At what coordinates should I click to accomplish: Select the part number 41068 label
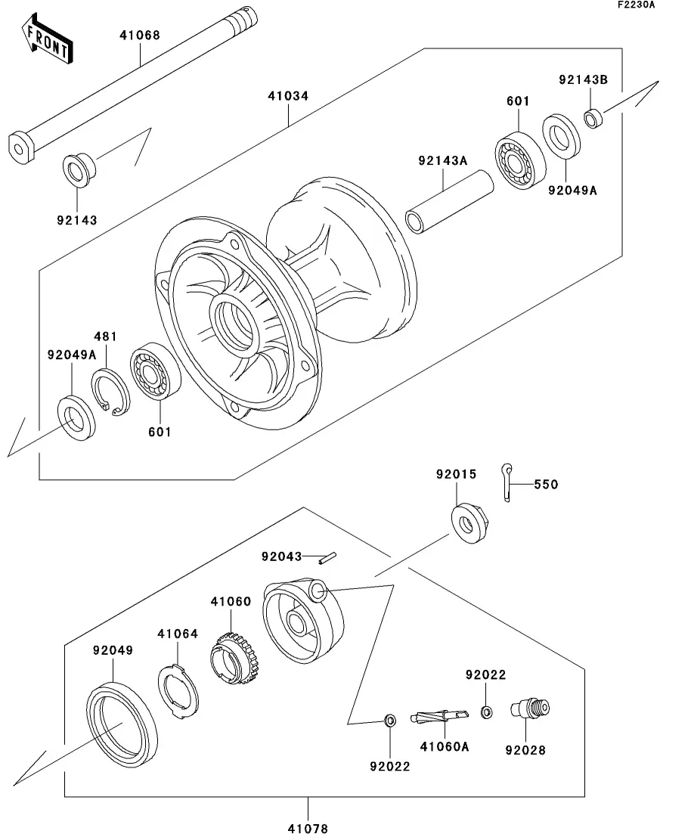(x=139, y=35)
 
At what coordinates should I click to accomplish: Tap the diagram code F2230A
(x=635, y=5)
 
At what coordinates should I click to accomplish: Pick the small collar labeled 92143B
(x=593, y=117)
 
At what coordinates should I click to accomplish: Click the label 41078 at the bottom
(x=308, y=827)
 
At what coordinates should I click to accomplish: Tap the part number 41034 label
(x=287, y=97)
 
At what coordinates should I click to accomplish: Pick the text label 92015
(x=456, y=475)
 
